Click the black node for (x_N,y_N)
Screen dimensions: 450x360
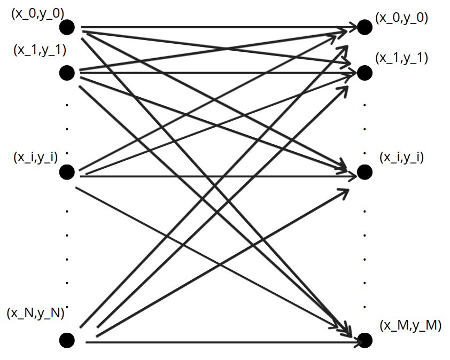click(x=67, y=340)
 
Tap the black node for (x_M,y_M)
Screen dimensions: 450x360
click(x=364, y=340)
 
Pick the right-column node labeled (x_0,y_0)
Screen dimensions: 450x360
click(x=364, y=27)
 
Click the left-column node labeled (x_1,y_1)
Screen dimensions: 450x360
click(x=67, y=72)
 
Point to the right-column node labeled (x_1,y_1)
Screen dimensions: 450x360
click(x=364, y=72)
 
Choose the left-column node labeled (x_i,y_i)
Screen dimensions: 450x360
click(x=67, y=172)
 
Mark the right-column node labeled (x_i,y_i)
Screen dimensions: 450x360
click(x=364, y=172)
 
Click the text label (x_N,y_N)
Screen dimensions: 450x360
click(x=35, y=314)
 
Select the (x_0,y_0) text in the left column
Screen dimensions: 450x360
click(x=37, y=14)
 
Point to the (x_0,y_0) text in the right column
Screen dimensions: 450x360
click(x=402, y=17)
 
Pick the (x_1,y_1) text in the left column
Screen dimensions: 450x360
click(x=39, y=50)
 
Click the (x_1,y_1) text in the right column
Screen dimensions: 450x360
click(x=402, y=58)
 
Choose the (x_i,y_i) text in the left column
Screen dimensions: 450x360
click(x=35, y=158)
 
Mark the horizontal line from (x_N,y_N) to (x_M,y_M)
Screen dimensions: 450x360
click(x=214, y=340)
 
